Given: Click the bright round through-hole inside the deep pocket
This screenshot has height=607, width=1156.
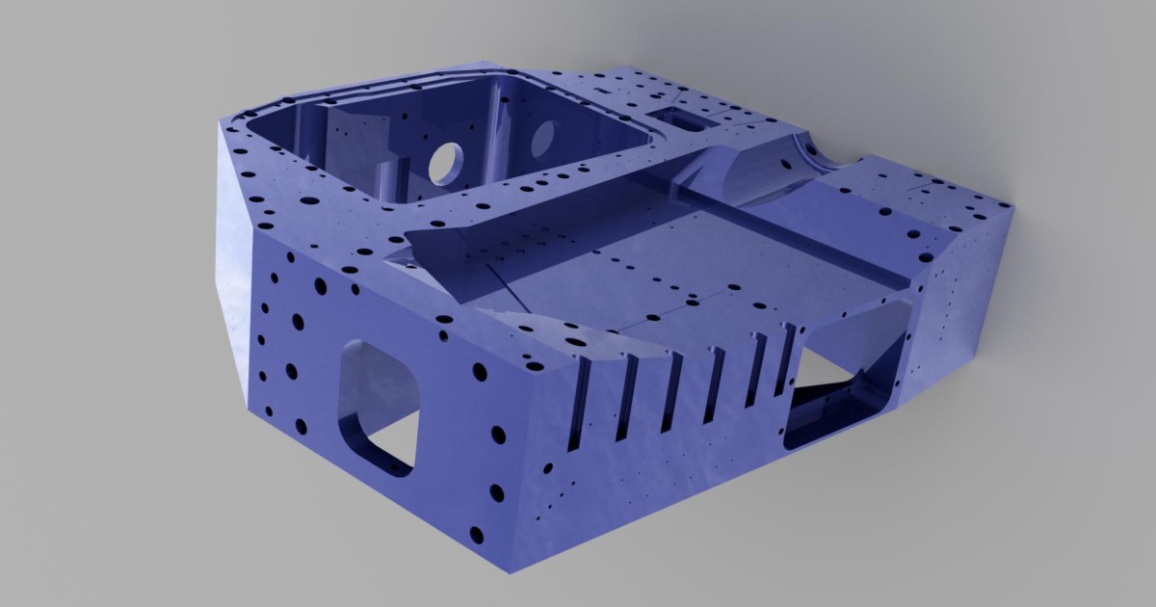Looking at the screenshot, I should coord(445,161).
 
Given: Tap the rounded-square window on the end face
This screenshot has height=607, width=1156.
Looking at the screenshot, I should coord(379,405).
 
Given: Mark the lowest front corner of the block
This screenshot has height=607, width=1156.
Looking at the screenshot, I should coord(508,570).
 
